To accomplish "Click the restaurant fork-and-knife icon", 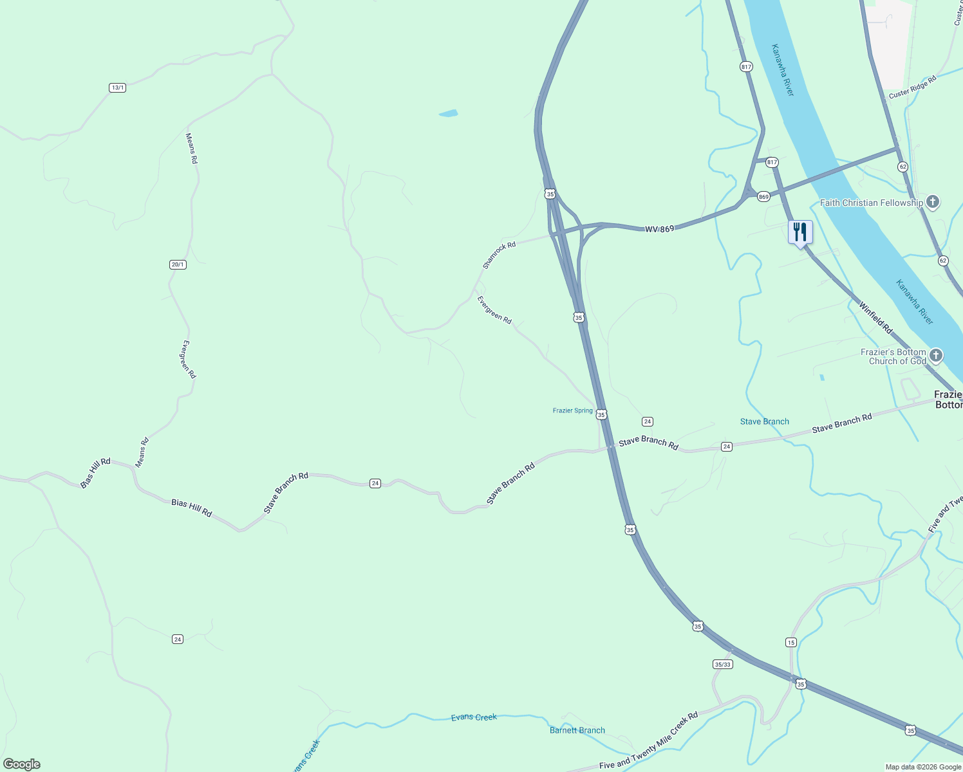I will [800, 232].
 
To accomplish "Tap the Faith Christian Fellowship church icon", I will [933, 203].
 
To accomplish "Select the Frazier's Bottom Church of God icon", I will [935, 356].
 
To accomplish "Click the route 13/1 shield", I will [117, 87].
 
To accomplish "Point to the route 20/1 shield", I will [178, 264].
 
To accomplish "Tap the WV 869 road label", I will [659, 229].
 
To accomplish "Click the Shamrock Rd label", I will [500, 255].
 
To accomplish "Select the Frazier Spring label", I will [572, 410].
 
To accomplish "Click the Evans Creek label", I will [474, 717].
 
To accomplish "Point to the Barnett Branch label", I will [577, 730].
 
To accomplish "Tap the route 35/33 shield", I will [723, 664].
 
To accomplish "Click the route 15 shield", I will [791, 642].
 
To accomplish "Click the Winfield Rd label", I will [875, 317].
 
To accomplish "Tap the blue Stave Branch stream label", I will [764, 422].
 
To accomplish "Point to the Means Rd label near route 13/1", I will [191, 148].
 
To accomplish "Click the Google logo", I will [22, 764].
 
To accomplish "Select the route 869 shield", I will [763, 197].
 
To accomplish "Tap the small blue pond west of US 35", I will [448, 114].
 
